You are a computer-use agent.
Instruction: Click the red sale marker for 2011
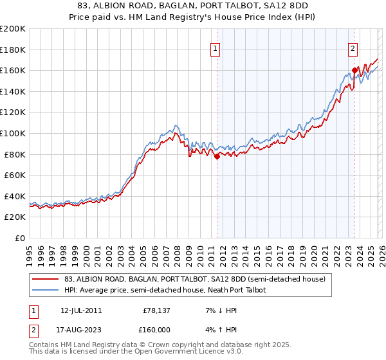[217, 156]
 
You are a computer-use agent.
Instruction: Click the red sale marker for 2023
[354, 70]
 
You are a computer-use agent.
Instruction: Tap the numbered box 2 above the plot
[353, 47]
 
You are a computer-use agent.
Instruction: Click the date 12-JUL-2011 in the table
[77, 310]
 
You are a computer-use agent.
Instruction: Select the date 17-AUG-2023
[78, 328]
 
